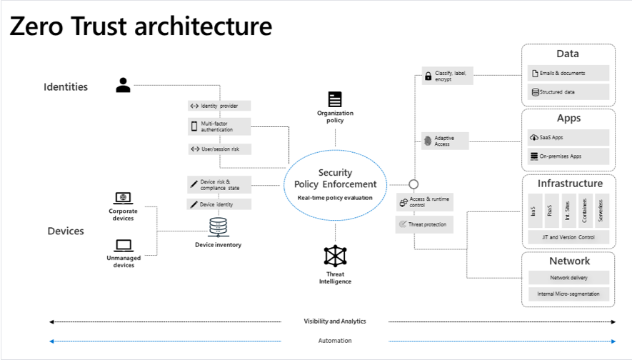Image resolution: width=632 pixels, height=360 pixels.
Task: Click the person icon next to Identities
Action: coord(124,86)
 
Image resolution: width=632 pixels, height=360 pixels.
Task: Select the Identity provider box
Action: coord(219,106)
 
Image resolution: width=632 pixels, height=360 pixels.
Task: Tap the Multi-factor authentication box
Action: coord(219,126)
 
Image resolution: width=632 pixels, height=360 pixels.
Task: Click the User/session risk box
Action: coord(219,149)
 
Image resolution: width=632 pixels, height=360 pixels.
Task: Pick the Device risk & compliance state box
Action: coord(219,184)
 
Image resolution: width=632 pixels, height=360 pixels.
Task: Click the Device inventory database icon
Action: coord(218,228)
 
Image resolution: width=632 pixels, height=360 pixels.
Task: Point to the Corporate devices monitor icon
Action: coord(124,198)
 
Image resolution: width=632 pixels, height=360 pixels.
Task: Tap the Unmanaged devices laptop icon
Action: coord(124,246)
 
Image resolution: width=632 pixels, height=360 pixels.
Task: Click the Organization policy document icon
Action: coord(335,99)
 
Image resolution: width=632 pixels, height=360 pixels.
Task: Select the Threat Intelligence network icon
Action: coord(335,256)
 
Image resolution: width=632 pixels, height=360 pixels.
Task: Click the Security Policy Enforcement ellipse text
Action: coord(335,179)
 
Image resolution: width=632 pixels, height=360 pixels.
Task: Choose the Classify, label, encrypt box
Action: coord(446,76)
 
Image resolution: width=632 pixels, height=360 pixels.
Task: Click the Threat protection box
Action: coord(423,224)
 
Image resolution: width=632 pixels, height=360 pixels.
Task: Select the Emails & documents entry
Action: coord(568,73)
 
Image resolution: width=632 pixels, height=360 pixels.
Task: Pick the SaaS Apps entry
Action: coord(568,137)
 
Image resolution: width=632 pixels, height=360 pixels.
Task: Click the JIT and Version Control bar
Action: coord(568,236)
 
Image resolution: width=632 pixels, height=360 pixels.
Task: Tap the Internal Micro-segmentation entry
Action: coord(568,294)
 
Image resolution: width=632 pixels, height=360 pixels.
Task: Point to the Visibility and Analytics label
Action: coord(335,321)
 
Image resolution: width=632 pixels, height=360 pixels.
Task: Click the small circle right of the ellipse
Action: coord(413,184)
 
